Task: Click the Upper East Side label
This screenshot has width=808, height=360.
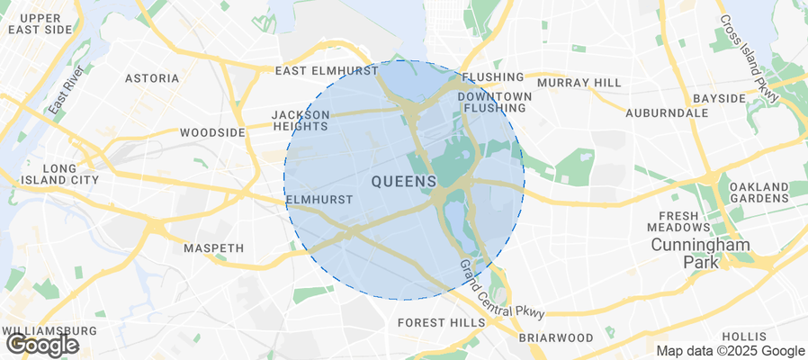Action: tap(39, 23)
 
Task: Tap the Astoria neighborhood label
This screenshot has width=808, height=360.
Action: tap(152, 78)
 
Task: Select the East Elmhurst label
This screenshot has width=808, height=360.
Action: tap(327, 70)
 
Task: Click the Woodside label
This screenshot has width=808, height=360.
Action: tap(212, 132)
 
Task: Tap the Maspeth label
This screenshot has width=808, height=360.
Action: tap(213, 247)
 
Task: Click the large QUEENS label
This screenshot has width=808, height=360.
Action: tap(404, 181)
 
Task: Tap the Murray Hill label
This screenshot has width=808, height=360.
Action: tap(579, 83)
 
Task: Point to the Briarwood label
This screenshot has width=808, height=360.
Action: tap(556, 337)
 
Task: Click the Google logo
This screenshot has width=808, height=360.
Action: tap(41, 345)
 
